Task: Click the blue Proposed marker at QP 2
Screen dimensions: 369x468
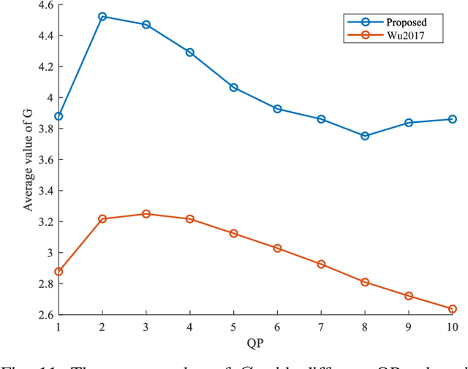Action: (102, 16)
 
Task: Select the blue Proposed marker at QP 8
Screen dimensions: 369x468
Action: (365, 136)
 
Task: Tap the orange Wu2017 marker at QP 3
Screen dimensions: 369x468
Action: (146, 214)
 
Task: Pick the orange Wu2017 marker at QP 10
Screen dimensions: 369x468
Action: (453, 309)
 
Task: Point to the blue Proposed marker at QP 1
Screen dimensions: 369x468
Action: (58, 116)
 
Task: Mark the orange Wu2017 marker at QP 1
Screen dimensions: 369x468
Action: (58, 272)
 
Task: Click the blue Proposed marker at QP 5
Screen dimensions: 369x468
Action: (234, 88)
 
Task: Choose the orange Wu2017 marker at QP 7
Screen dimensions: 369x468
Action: (321, 264)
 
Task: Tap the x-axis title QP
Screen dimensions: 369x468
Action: (255, 342)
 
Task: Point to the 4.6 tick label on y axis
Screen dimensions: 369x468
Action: (45, 5)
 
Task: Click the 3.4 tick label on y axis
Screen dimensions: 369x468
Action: (45, 191)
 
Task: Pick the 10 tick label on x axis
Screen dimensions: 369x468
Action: (453, 327)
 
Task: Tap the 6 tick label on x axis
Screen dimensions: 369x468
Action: (278, 327)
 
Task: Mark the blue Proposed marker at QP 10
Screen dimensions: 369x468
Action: (453, 119)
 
